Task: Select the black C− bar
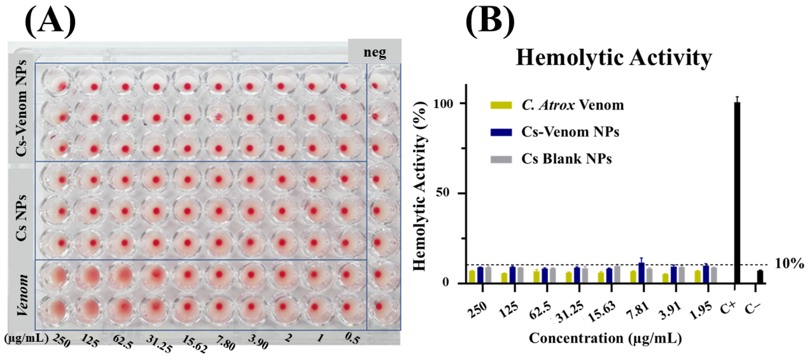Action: pyautogui.click(x=760, y=277)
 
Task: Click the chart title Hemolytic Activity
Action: pyautogui.click(x=614, y=58)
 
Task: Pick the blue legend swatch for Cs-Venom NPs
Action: pyautogui.click(x=501, y=132)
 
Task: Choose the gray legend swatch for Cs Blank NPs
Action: pyautogui.click(x=501, y=159)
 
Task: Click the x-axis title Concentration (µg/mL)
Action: pyautogui.click(x=605, y=338)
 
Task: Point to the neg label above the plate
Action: pyautogui.click(x=374, y=52)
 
